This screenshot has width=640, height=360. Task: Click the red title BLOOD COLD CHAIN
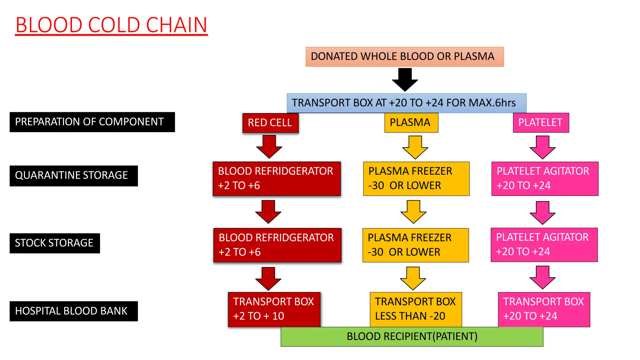tap(111, 25)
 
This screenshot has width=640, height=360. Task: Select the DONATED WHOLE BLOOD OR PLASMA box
tap(404, 57)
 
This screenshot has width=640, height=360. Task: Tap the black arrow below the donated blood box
tap(405, 80)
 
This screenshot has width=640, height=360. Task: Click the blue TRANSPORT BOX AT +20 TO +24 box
tap(406, 103)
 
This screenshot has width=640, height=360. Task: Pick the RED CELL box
tap(270, 123)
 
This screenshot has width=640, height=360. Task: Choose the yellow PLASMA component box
tap(411, 122)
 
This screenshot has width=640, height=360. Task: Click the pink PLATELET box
tap(541, 122)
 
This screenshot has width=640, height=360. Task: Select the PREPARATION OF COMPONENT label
tap(92, 122)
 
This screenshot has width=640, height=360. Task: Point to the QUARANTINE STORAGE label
tap(73, 176)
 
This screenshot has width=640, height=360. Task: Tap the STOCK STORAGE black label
tap(55, 243)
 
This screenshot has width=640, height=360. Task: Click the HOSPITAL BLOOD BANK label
tap(73, 311)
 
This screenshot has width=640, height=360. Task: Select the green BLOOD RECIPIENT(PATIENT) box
tap(412, 337)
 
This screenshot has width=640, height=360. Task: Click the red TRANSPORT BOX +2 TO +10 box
tap(274, 309)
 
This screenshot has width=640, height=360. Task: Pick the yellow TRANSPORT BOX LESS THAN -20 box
tap(416, 309)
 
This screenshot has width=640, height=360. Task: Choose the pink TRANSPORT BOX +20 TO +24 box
tap(544, 309)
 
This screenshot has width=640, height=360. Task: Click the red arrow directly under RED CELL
tap(269, 147)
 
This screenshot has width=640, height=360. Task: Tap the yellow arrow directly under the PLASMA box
tap(415, 147)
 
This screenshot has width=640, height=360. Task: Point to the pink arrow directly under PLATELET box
tap(542, 147)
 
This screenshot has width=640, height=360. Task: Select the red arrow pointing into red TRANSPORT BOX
tap(268, 279)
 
